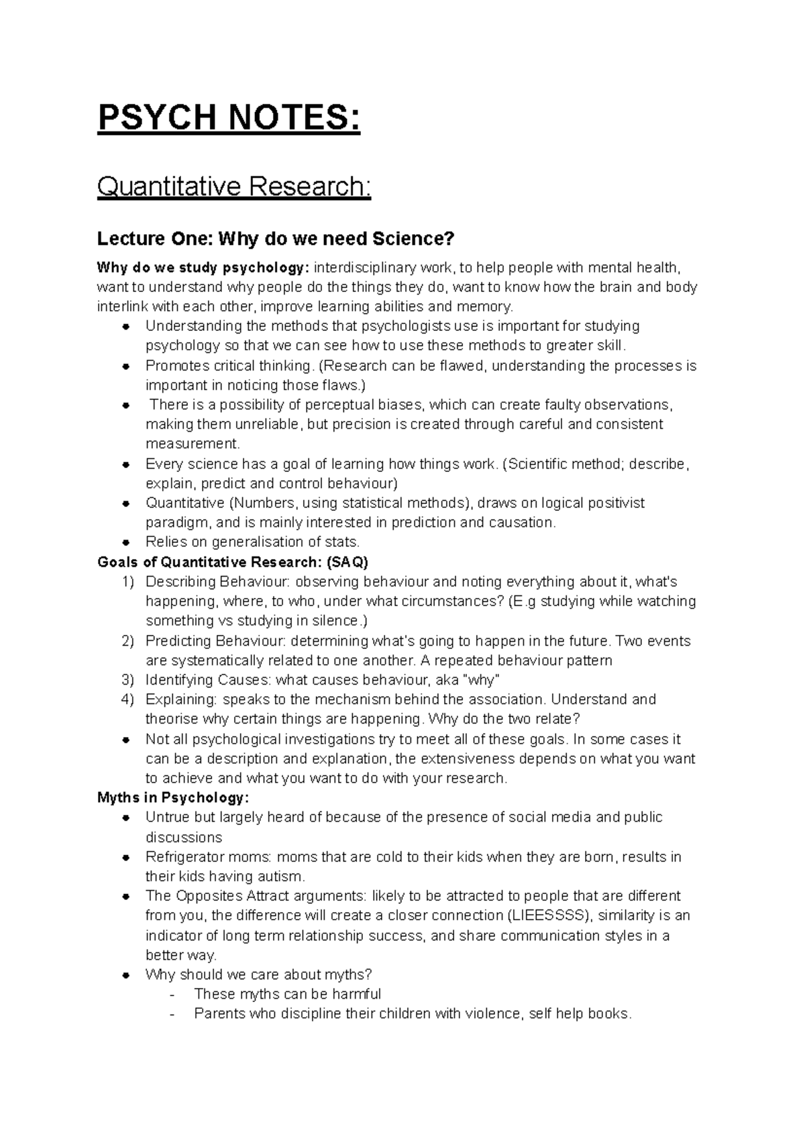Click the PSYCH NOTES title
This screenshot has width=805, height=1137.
click(229, 120)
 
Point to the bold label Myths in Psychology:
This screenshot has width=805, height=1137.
click(173, 798)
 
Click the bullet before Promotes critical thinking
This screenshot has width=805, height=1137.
click(126, 366)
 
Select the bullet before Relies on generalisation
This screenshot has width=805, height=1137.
click(126, 542)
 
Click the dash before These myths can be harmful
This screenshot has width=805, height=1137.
click(174, 995)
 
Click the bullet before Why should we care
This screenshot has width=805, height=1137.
click(126, 975)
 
